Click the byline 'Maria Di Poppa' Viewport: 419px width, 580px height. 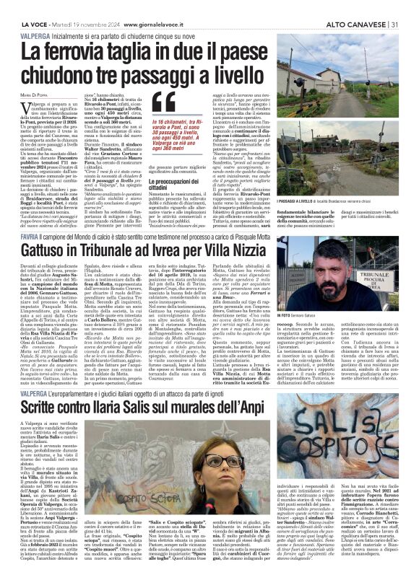click(x=33, y=95)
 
